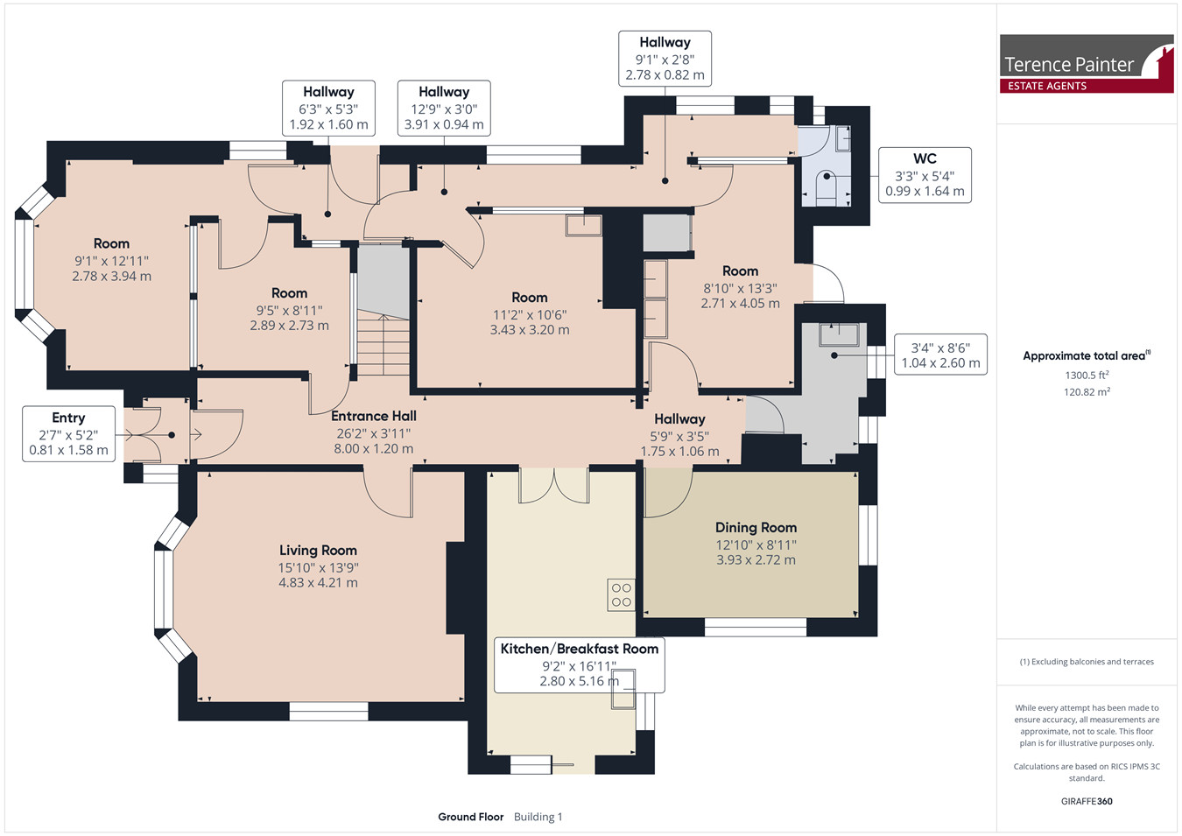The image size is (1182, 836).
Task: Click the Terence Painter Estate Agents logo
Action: [1087, 64]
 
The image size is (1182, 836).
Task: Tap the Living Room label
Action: [318, 550]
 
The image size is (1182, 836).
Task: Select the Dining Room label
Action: [756, 528]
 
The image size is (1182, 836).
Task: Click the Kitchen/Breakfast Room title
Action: [580, 649]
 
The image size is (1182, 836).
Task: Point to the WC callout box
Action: [925, 175]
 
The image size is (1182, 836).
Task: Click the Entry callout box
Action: [68, 434]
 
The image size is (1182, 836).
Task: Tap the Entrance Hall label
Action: [374, 416]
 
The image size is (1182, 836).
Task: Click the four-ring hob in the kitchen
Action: [621, 595]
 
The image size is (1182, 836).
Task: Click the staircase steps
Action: [383, 343]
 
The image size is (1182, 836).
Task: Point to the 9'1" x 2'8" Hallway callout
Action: [665, 59]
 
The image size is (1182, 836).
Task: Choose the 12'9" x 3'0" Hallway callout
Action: [444, 109]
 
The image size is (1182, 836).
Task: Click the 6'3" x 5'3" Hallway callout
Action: [328, 109]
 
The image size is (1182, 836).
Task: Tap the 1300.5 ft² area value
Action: [1087, 375]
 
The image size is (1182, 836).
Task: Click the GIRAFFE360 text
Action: [1087, 801]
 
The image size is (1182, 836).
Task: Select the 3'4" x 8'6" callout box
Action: [940, 355]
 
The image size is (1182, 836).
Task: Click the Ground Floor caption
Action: [471, 817]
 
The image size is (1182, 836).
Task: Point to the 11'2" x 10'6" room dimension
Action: [530, 315]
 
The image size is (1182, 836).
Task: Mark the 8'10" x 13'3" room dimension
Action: [740, 289]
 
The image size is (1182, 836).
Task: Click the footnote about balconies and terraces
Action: [1087, 662]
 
